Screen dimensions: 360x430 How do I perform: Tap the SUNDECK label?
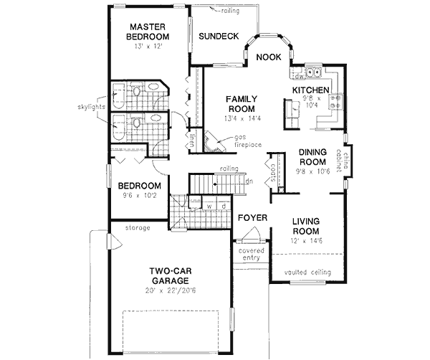click(x=218, y=37)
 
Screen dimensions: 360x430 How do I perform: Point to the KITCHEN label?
click(x=310, y=90)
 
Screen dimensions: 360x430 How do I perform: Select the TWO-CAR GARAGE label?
click(x=168, y=276)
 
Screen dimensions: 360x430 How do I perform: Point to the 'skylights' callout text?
click(x=92, y=107)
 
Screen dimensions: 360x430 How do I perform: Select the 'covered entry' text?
click(x=250, y=255)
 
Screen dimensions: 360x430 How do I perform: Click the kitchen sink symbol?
click(x=312, y=72)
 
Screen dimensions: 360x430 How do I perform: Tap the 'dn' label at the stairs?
click(x=248, y=181)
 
